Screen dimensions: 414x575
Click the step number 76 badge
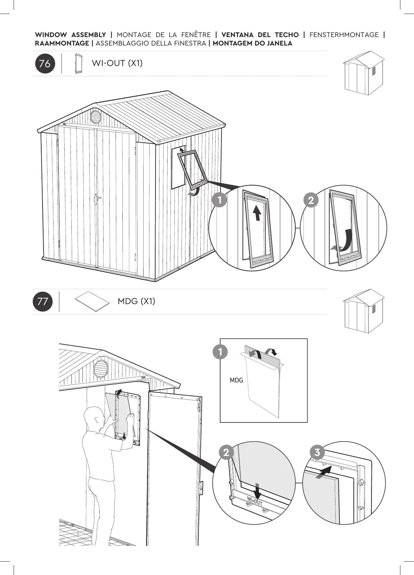click(x=45, y=64)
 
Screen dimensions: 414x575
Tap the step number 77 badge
click(x=43, y=301)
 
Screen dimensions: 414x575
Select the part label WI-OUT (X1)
click(x=117, y=63)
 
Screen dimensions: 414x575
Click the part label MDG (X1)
click(x=136, y=301)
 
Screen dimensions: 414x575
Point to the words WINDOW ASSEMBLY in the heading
click(x=70, y=35)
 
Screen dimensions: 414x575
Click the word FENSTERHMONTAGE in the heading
click(x=344, y=35)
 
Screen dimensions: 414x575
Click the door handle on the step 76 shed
click(x=97, y=198)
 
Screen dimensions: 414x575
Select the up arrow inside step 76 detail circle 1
click(x=257, y=213)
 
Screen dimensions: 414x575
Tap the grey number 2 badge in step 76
click(x=311, y=200)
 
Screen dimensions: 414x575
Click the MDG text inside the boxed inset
click(x=236, y=380)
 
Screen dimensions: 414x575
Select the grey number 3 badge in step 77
click(x=317, y=452)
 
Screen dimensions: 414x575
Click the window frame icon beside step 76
click(x=78, y=64)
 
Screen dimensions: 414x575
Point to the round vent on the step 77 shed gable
click(x=101, y=368)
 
